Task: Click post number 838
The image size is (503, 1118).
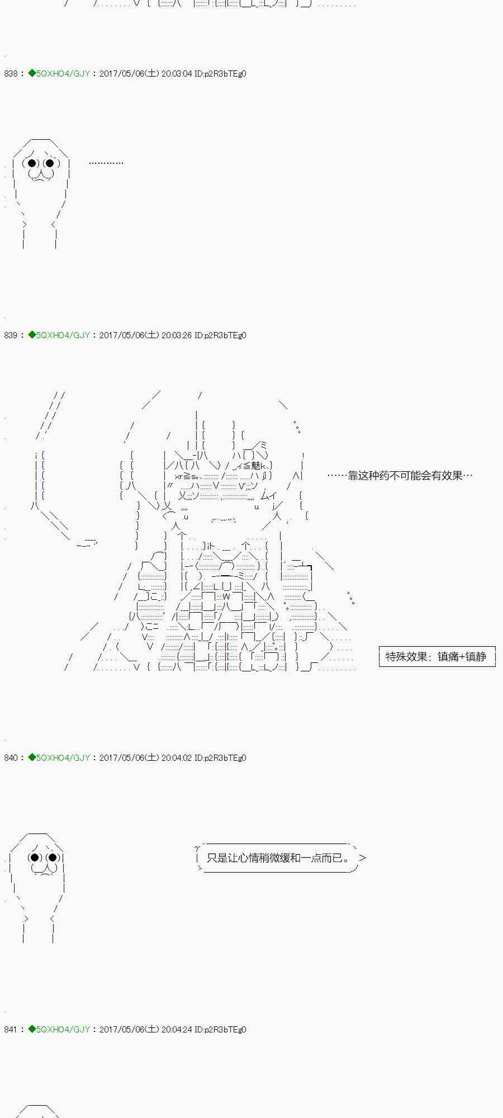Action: (x=11, y=74)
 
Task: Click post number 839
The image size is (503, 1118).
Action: (x=11, y=335)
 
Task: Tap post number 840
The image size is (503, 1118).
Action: (x=11, y=758)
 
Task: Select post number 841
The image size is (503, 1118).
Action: (x=11, y=1030)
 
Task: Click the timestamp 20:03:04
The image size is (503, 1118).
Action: (x=177, y=74)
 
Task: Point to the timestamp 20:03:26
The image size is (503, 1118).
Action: (x=177, y=335)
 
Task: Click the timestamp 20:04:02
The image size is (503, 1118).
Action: (x=177, y=758)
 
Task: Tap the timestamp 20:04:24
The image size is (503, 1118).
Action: (x=177, y=1030)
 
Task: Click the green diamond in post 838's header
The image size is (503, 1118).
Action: (x=32, y=74)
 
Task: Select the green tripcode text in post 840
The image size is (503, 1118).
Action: (x=63, y=758)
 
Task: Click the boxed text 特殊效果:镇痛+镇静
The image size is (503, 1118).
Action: (x=436, y=657)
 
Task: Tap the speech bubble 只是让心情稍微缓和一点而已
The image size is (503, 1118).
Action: (x=278, y=858)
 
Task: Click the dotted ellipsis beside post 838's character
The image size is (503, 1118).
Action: (x=106, y=163)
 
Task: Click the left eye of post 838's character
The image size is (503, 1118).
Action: (x=32, y=163)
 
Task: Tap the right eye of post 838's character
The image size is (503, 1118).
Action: (x=50, y=163)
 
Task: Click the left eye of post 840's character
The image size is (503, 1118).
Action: (x=35, y=858)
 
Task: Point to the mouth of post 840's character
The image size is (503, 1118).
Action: (x=44, y=869)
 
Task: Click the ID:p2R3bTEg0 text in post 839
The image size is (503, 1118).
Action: (x=220, y=335)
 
